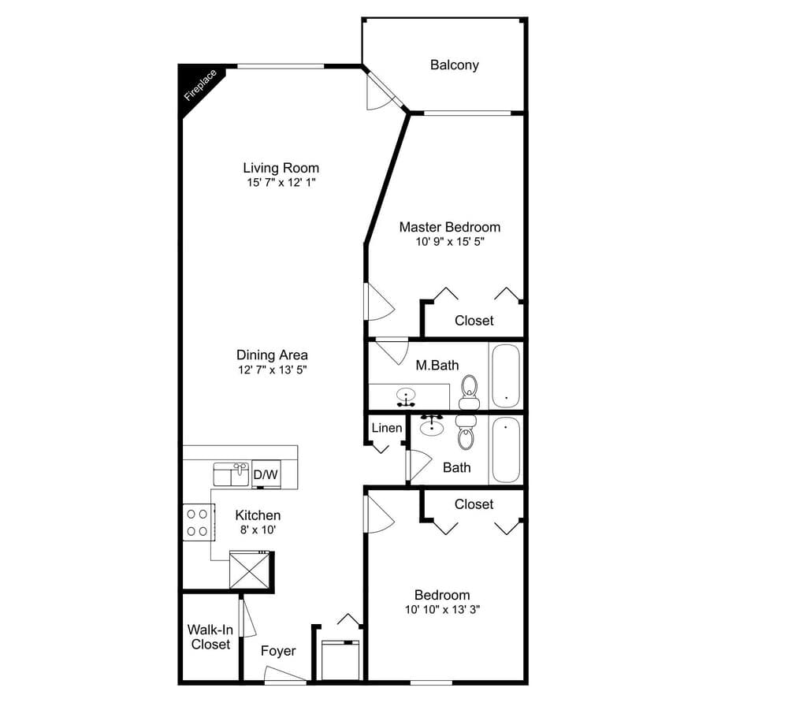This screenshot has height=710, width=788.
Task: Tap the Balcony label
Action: coord(454,65)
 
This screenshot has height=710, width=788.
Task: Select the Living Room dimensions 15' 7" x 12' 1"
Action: coord(281,183)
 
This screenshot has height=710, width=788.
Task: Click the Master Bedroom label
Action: coord(449,227)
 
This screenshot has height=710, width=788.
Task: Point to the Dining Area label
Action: coord(272,355)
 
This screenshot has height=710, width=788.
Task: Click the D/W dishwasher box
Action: coord(266,474)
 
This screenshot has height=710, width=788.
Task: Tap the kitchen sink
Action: coord(231,474)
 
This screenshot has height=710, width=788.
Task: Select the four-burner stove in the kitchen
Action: coord(199,522)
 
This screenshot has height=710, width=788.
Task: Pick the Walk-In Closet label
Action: coord(210,637)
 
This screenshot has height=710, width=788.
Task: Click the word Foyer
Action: coord(278,651)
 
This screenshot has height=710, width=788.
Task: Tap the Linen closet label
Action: coord(387,428)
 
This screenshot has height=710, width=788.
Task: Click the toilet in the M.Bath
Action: coord(470,390)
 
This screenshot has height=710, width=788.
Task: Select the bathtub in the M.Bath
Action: coord(504,376)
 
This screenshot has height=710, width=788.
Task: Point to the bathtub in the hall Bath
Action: coord(504,450)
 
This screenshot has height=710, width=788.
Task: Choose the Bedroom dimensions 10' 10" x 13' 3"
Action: coord(441,610)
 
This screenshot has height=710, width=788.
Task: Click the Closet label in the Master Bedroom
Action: coord(474,321)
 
